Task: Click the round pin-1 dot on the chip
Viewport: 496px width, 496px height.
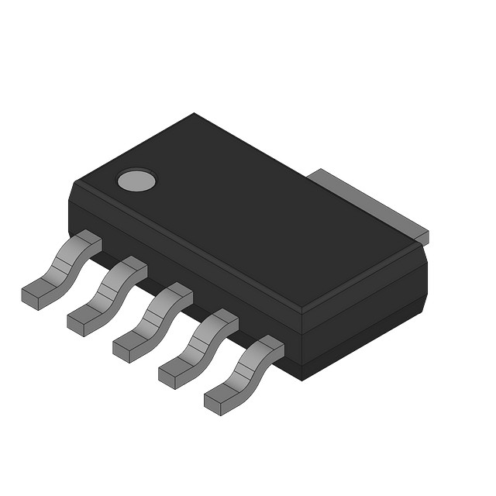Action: click(136, 180)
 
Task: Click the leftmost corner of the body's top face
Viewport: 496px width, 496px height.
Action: click(72, 184)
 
